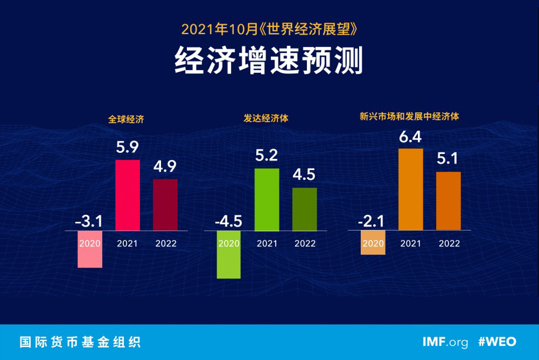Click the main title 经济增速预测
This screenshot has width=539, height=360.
pyautogui.click(x=269, y=61)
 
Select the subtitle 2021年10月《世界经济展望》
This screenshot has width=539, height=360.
pyautogui.click(x=269, y=28)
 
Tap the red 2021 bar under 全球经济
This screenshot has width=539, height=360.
pyautogui.click(x=128, y=195)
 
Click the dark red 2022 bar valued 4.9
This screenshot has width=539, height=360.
pyautogui.click(x=165, y=205)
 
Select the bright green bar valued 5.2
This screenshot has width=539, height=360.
pyautogui.click(x=267, y=199)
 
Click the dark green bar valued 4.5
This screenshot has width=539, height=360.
pyautogui.click(x=304, y=209)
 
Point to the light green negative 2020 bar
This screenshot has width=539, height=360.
pyautogui.click(x=229, y=254)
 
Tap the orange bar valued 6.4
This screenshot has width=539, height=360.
pyautogui.click(x=410, y=189)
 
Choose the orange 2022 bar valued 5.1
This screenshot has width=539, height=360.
pyautogui.click(x=448, y=201)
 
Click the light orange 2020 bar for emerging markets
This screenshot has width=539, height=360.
pyautogui.click(x=373, y=242)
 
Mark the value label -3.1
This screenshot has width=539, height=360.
pyautogui.click(x=89, y=222)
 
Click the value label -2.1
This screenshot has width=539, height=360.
pyautogui.click(x=372, y=222)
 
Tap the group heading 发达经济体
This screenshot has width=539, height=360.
pyautogui.click(x=266, y=118)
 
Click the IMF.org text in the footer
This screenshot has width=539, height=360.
pyautogui.click(x=445, y=342)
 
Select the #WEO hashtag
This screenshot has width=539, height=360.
pyautogui.click(x=499, y=342)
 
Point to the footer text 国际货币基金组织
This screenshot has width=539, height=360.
pyautogui.click(x=80, y=342)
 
